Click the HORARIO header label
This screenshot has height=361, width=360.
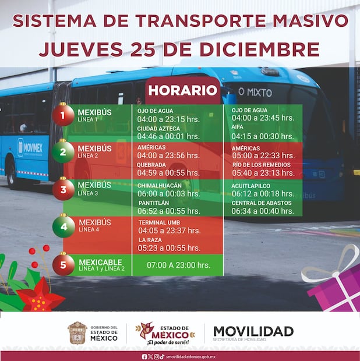pyautogui.click(x=182, y=91)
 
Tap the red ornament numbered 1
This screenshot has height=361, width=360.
pyautogui.click(x=63, y=114)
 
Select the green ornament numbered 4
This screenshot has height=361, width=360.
pyautogui.click(x=63, y=225)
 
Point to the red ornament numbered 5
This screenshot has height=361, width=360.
pyautogui.click(x=63, y=264)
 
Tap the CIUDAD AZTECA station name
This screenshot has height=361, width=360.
pyautogui.click(x=158, y=128)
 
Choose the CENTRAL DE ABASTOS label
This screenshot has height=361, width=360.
pyautogui.click(x=262, y=203)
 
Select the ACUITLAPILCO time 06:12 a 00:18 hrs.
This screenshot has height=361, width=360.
pyautogui.click(x=263, y=193)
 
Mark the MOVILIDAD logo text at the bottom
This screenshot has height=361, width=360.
pyautogui.click(x=253, y=331)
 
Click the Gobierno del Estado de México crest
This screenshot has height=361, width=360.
pyautogui.click(x=77, y=332)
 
